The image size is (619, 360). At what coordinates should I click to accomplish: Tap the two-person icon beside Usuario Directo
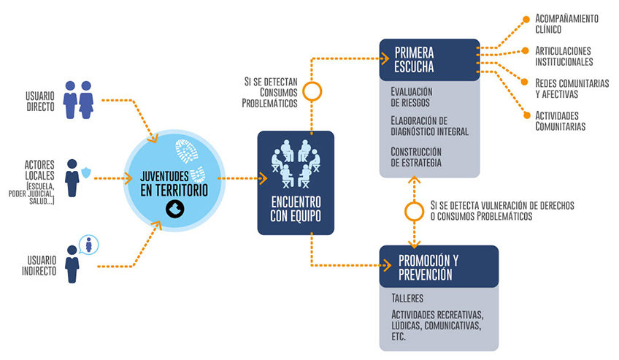pos(78,99)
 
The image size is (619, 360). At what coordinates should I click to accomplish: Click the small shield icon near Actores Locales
pos(86,172)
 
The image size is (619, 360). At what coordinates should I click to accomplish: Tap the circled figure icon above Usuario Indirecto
pos(88,244)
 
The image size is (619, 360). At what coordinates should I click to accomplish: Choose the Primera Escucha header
pos(415,60)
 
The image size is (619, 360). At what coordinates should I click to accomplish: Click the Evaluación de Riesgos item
pos(412,97)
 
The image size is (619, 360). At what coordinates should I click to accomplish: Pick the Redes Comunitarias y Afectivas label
pos(571,88)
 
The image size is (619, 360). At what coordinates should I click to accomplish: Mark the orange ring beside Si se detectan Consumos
pos(312,91)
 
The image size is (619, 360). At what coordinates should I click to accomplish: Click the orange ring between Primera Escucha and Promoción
pos(414,211)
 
